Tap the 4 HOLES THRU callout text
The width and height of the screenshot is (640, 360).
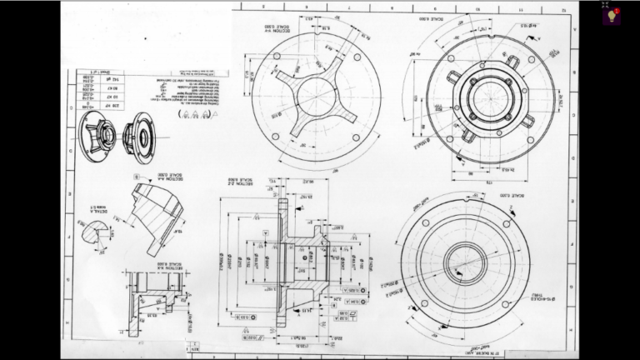[x=523, y=296]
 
